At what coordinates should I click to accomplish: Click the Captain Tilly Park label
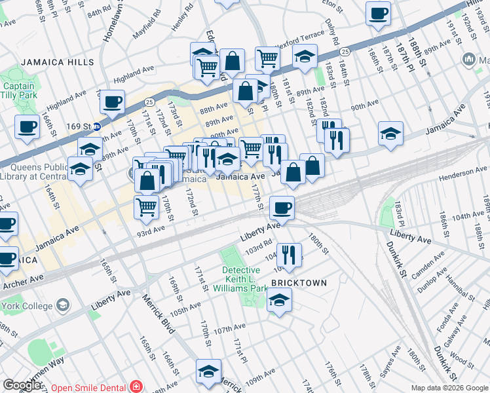[x=18, y=91]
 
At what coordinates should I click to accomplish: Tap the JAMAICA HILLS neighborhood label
[x=57, y=62]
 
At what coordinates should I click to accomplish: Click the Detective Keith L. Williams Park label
[x=244, y=278]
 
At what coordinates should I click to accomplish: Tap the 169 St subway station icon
[x=96, y=126]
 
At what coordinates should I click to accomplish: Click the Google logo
[x=22, y=385]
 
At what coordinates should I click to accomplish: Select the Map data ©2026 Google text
[x=449, y=388]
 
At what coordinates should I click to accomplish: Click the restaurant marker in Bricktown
[x=289, y=253]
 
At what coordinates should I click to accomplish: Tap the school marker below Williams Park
[x=280, y=301]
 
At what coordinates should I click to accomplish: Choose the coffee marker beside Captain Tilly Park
[x=27, y=127]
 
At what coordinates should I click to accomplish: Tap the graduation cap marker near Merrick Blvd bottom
[x=208, y=371]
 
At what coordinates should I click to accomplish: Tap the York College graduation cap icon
[x=63, y=306]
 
